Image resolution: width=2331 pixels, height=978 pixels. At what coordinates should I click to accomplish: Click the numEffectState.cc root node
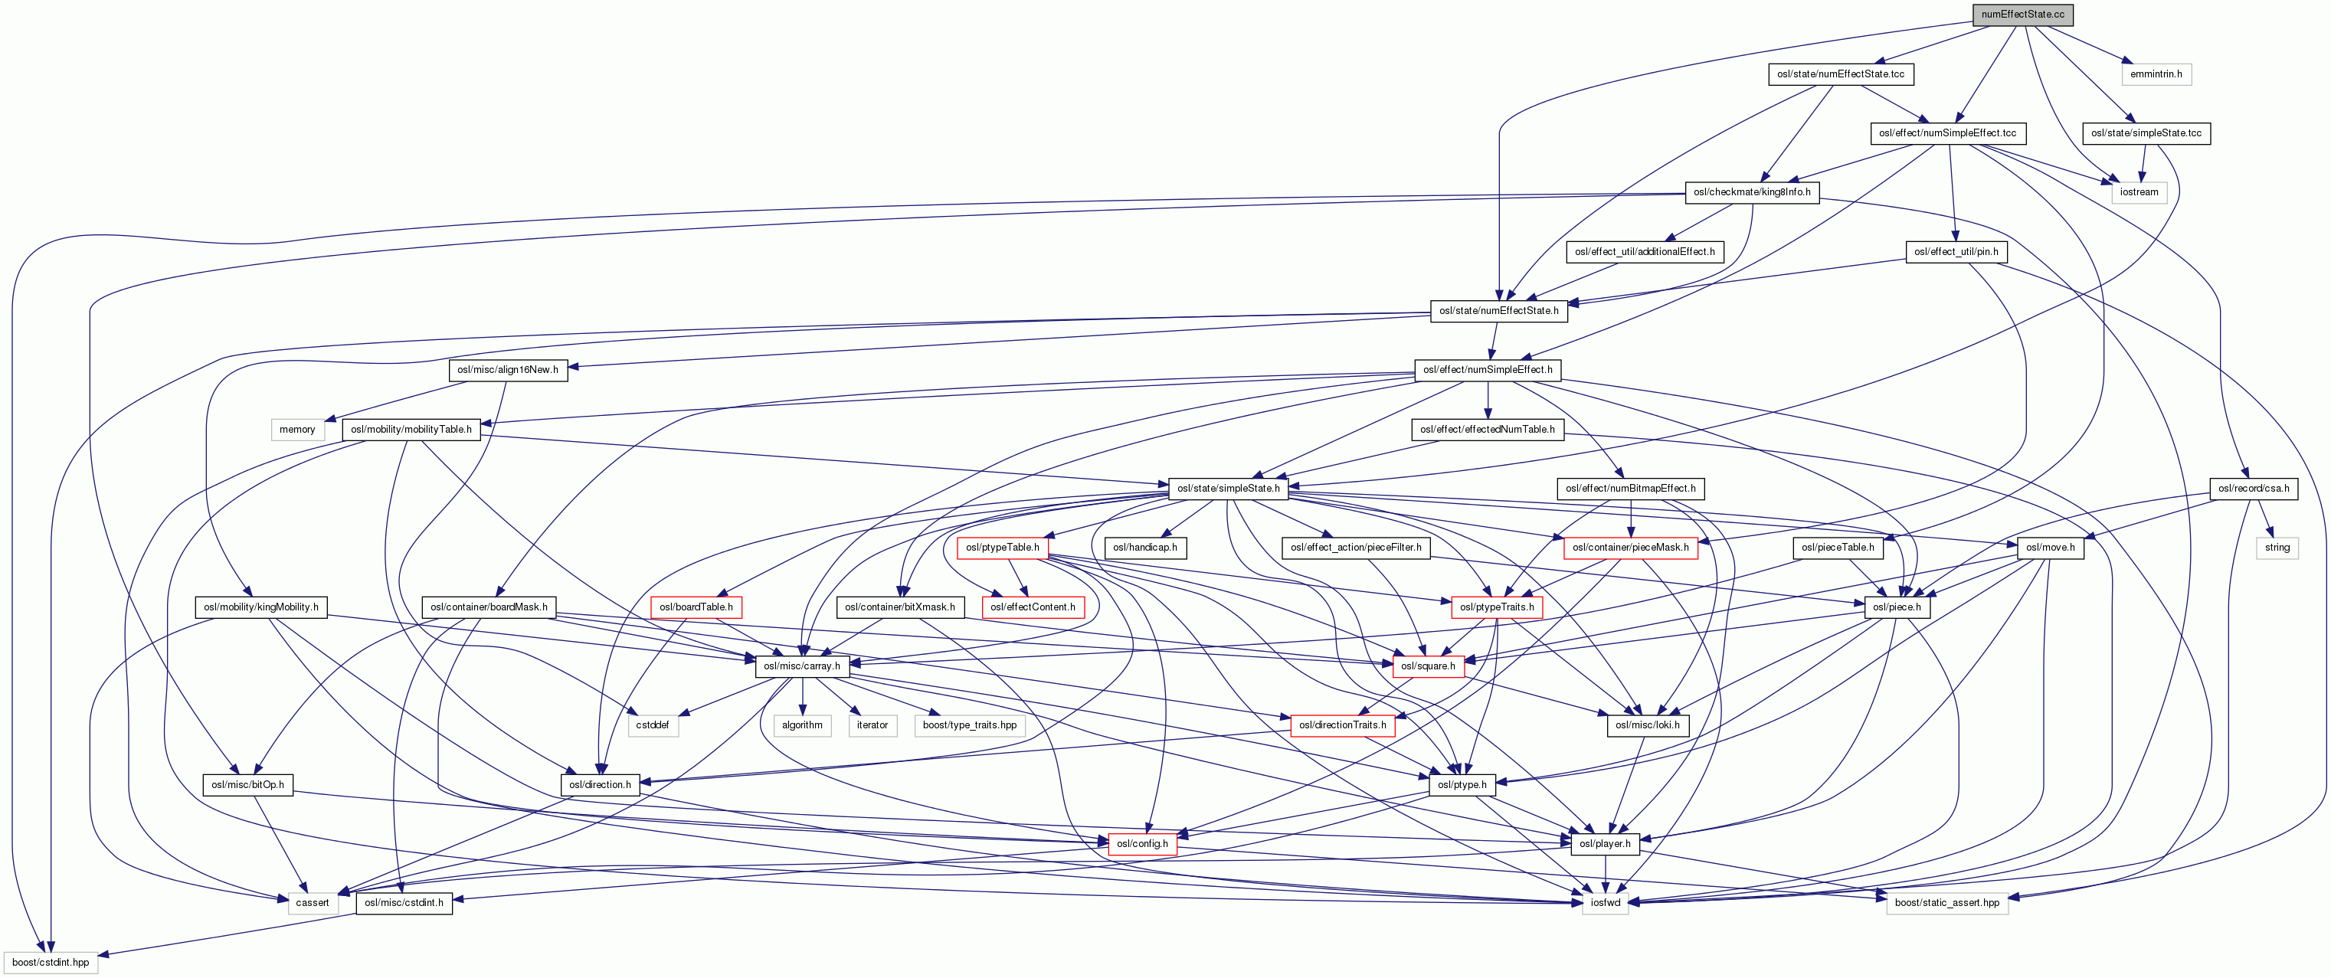click(2022, 15)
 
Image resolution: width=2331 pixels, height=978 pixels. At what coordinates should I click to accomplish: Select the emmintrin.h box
click(2156, 74)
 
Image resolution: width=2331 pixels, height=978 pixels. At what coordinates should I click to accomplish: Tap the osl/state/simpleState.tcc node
click(2146, 133)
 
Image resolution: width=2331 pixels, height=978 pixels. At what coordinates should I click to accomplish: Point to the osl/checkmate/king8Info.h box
click(1752, 191)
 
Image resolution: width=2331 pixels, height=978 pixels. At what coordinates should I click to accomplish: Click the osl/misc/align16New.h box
click(508, 370)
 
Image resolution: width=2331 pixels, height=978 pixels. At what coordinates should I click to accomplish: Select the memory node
click(296, 430)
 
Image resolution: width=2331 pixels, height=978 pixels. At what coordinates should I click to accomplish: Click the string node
click(2277, 548)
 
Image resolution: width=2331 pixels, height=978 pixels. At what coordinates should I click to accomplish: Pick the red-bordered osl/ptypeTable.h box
click(1002, 548)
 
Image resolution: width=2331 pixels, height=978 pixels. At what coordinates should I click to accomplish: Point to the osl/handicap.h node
click(1144, 548)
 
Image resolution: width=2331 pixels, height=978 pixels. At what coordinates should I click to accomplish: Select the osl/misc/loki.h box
click(1647, 725)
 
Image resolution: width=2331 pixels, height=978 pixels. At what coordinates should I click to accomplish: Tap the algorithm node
click(802, 725)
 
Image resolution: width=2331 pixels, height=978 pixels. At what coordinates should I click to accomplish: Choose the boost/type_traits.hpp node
click(969, 725)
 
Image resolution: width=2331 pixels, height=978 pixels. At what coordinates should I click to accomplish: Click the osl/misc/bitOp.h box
click(247, 785)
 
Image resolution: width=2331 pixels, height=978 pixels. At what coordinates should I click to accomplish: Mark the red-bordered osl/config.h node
click(1142, 844)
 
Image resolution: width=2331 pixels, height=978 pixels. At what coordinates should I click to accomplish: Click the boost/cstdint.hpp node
click(51, 963)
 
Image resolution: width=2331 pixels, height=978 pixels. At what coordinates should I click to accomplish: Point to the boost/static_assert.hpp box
click(1946, 903)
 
